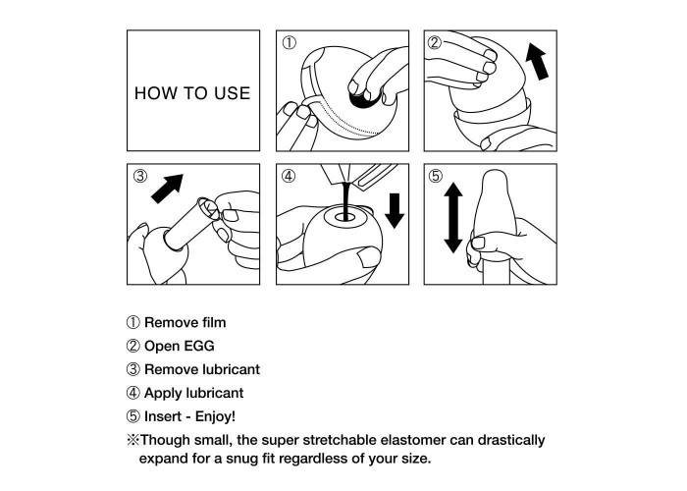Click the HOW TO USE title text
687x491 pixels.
pos(192,93)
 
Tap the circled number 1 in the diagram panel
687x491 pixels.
pos(290,43)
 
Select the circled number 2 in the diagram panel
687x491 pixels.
pos(435,43)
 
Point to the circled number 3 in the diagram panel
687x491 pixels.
pos(139,176)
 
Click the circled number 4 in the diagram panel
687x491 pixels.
pos(289,176)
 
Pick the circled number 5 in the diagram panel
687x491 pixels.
pos(436,176)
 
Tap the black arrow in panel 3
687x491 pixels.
pos(167,189)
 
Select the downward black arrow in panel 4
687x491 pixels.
pos(395,211)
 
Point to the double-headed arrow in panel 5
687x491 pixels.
pos(453,218)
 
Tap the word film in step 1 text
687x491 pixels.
pos(214,323)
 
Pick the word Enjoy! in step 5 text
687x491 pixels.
pos(215,417)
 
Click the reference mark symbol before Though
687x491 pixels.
pos(132,440)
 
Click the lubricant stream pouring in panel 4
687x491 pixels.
pos(346,200)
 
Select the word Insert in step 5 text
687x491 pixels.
pos(162,416)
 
